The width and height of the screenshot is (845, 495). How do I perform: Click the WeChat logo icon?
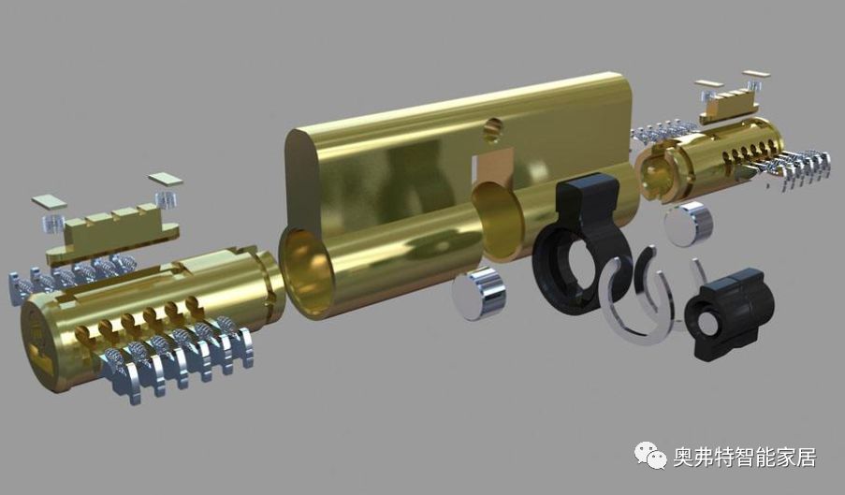point(651,455)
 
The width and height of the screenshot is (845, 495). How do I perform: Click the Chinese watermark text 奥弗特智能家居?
point(744,458)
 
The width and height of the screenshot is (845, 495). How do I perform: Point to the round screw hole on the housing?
point(492,129)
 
